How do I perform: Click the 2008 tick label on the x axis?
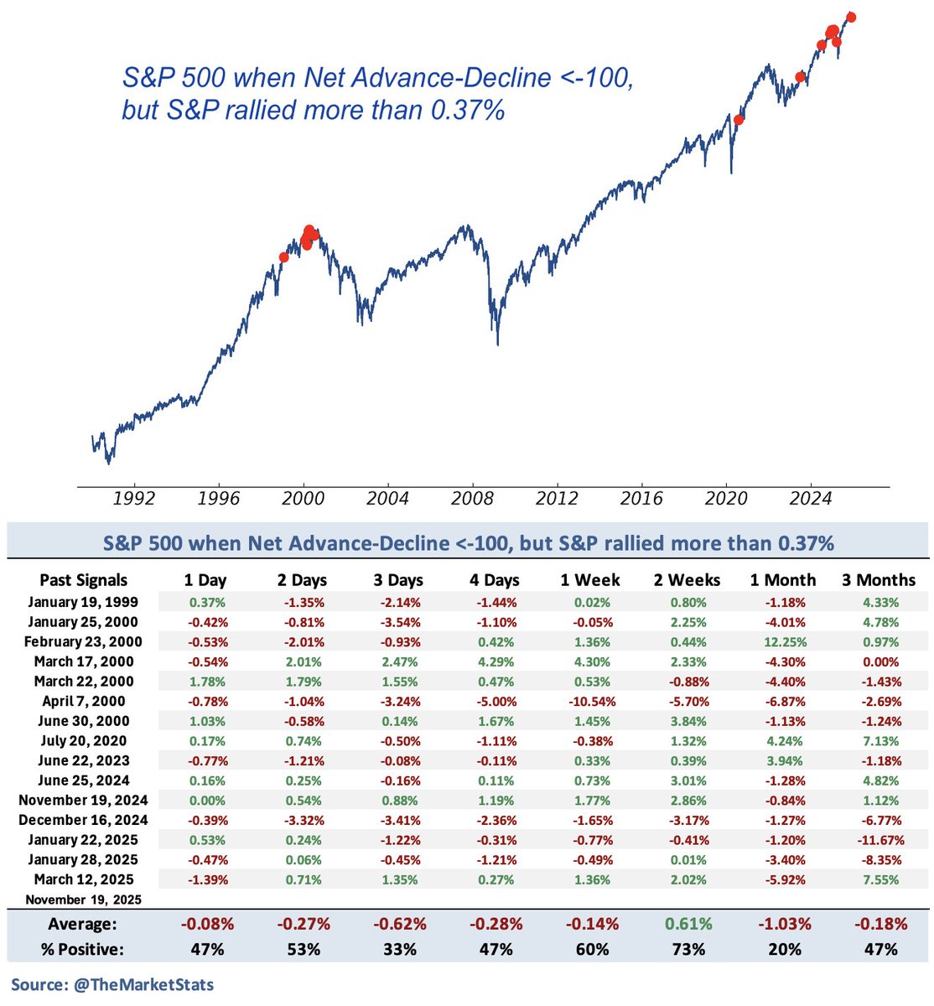[x=472, y=499]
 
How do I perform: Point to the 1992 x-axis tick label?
[x=133, y=499]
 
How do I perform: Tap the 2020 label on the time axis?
[x=726, y=499]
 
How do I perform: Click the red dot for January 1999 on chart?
[x=283, y=257]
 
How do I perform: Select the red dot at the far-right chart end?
[x=852, y=17]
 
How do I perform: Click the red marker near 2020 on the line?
[x=739, y=120]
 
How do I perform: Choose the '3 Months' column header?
[x=879, y=580]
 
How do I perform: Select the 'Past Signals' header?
[x=84, y=580]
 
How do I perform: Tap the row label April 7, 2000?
[x=84, y=701]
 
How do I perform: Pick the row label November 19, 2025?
[x=84, y=900]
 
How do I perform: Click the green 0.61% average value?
[x=689, y=924]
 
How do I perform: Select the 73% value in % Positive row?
[x=689, y=949]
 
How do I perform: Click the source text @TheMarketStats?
[x=112, y=984]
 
